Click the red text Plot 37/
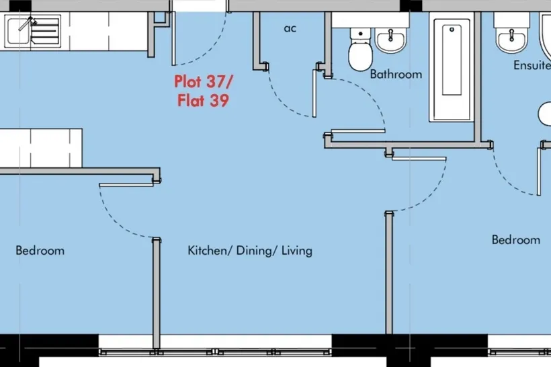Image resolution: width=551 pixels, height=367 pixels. click(204, 81)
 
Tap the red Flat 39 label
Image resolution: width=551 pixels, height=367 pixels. click(203, 100)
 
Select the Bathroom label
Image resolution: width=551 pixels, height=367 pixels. click(396, 74)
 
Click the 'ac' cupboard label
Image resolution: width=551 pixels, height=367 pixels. click(290, 28)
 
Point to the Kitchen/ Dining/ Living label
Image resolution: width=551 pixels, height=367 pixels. click(250, 251)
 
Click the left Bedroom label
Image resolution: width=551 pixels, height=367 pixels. click(40, 251)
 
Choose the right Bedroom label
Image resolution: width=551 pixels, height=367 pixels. click(516, 240)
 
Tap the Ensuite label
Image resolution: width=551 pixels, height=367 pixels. click(532, 65)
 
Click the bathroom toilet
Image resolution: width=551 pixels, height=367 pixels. click(360, 49)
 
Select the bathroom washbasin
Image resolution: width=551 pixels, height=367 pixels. click(390, 40)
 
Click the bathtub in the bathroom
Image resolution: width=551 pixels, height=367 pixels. click(452, 70)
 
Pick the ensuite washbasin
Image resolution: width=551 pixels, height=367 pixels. click(511, 40)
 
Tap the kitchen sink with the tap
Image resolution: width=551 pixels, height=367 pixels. click(32, 32)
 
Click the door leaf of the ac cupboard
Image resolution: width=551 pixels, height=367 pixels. click(314, 93)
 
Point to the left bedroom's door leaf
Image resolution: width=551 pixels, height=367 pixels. click(126, 185)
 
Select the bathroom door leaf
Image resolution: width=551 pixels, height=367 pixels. click(358, 132)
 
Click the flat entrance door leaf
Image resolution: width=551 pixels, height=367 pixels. click(173, 39)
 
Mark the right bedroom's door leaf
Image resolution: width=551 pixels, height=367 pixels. click(419, 159)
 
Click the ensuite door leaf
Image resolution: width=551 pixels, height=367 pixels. click(539, 171)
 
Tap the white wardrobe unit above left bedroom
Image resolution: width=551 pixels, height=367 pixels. click(41, 148)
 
